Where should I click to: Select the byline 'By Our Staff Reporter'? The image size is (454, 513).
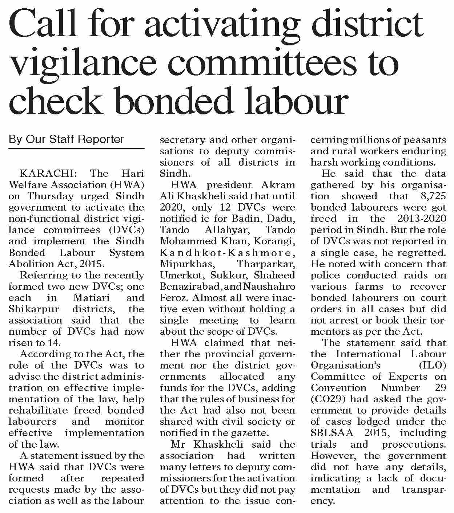point(66,139)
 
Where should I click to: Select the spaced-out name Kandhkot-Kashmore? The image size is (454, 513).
point(227,252)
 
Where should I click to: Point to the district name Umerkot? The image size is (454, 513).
point(178,275)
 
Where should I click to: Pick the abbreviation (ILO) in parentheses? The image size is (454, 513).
point(430,365)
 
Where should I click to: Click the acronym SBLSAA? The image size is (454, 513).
point(331,433)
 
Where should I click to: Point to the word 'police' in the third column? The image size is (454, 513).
point(326,275)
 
